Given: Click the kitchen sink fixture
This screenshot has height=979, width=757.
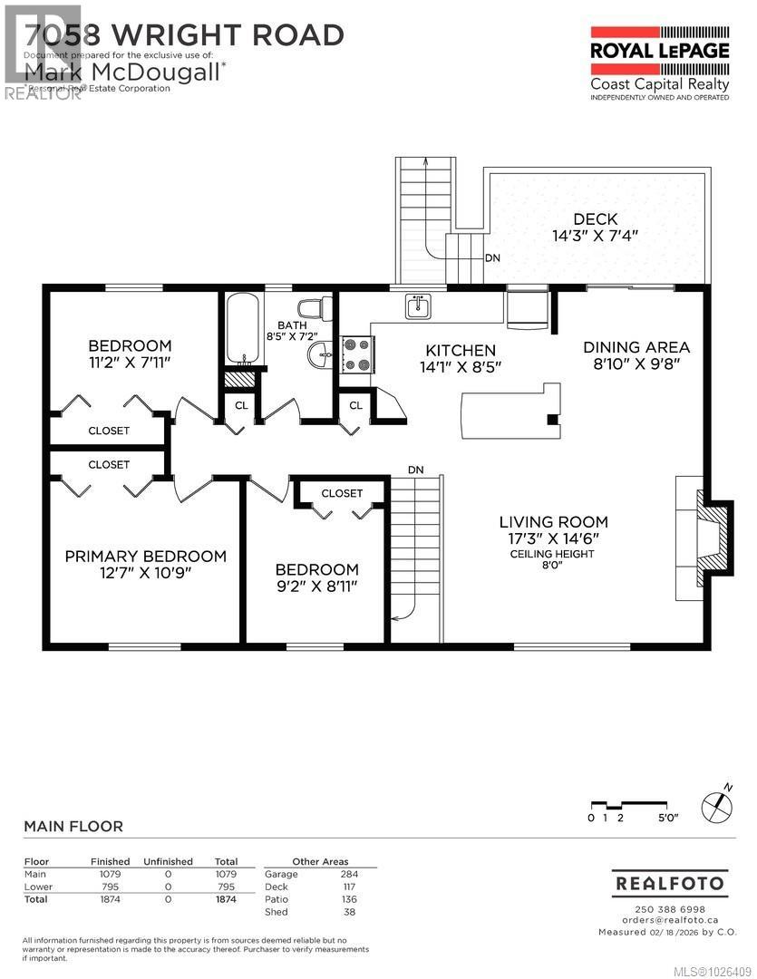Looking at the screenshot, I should point(418,306).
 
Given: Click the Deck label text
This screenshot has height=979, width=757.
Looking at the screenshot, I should point(596,218).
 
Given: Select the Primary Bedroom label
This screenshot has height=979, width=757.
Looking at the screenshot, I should point(145,556).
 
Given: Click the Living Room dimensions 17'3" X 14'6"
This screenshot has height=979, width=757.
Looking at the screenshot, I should point(553,538).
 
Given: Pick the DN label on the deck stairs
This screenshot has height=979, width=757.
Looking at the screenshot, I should point(492,258).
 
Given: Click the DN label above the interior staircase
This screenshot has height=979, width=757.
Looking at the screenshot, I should point(415,470).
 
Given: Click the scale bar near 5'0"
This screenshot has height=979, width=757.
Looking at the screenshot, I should point(634,805).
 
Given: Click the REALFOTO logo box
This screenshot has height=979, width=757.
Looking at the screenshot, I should point(669,883).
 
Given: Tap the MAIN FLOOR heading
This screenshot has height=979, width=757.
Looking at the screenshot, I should point(73,826).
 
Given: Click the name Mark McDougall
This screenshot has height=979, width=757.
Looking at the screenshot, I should point(122,70).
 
